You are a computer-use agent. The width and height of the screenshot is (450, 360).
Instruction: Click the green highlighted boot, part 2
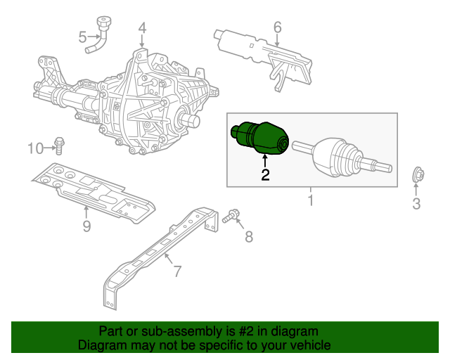tap(260, 136)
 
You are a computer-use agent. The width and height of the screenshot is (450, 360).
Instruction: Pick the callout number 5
tap(277, 27)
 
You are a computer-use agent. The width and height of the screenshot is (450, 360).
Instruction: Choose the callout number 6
tap(177, 270)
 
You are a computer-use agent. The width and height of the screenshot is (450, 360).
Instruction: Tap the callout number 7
tap(248, 237)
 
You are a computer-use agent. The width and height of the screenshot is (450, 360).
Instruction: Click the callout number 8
tap(86, 226)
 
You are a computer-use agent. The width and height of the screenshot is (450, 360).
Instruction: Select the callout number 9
tap(35, 148)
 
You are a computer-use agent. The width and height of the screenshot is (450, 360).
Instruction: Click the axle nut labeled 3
tap(416, 176)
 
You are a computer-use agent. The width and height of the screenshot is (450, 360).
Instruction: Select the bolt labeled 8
tap(230, 217)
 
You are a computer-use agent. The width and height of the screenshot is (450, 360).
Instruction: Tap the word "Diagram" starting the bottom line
tap(103, 346)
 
